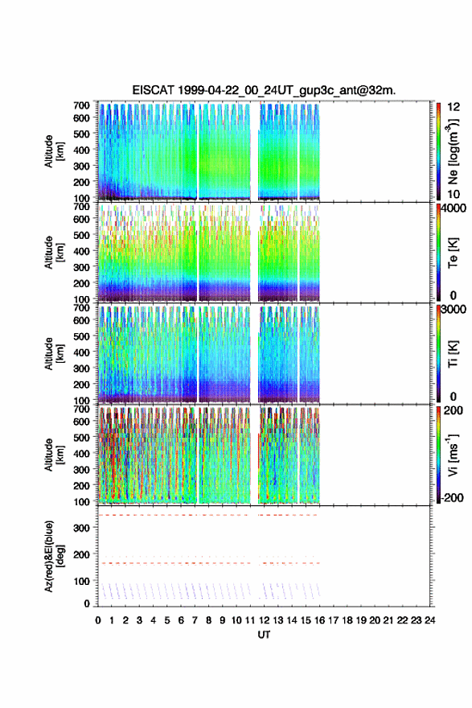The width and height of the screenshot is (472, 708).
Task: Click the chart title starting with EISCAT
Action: coord(264,90)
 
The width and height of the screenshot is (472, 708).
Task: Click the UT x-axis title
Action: coord(264,635)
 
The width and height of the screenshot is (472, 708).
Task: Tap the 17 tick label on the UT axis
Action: coord(333,620)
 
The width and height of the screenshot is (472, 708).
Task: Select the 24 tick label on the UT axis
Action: coord(430,620)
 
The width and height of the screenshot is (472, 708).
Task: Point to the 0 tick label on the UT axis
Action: coord(98,620)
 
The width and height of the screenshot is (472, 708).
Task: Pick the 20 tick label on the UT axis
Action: coord(375,620)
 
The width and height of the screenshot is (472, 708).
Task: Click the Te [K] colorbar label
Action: coord(453,253)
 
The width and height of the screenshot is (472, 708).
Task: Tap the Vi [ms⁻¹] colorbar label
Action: coord(454,455)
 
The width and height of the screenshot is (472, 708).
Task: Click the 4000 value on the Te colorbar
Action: coord(454,208)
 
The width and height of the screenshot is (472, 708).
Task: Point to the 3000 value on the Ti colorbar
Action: coord(454,309)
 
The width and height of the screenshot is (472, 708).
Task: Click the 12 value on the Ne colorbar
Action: coord(454,107)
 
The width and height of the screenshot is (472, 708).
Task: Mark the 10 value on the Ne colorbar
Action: coord(454,194)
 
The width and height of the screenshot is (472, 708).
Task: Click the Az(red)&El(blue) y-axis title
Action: coord(54,556)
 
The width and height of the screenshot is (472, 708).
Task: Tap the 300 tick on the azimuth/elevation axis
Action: coord(81,528)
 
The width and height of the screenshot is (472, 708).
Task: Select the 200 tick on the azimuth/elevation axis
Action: coord(81,554)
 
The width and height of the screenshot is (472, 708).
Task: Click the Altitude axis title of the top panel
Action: coord(54,151)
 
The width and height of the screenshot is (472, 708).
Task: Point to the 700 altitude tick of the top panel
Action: coord(81,105)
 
